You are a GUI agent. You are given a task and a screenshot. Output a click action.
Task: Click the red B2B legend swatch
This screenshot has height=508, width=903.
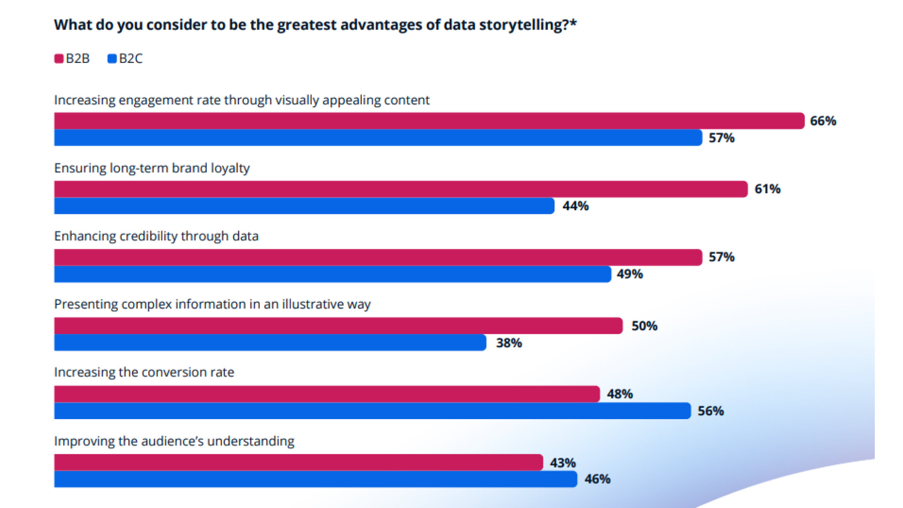59,59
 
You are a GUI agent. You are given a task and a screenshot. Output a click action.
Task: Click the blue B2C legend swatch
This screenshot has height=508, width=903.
112,59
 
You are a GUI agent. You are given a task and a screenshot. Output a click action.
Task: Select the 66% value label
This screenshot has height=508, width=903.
823,121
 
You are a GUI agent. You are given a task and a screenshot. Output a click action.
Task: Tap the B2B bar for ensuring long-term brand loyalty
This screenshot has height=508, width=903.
400,189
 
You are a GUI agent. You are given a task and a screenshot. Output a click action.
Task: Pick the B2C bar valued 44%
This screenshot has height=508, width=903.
304,206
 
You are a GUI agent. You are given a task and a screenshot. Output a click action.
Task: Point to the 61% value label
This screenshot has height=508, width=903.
767,189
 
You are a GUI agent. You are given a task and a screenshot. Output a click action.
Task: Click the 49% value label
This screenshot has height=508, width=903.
629,274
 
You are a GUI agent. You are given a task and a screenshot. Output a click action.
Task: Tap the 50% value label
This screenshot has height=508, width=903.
644,326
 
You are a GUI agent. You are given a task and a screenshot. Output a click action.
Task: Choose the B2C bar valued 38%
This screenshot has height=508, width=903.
270,342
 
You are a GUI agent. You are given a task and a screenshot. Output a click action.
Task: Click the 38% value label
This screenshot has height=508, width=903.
509,343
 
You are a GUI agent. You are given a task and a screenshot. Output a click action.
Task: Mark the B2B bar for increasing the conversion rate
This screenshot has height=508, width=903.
327,394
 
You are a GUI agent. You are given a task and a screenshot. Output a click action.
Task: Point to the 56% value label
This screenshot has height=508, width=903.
710,411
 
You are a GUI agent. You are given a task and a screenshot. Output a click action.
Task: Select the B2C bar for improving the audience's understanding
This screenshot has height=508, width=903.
315,479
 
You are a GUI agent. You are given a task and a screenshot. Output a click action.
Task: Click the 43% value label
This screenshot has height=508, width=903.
562,463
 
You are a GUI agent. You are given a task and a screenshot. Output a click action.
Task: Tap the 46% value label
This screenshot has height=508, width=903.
597,479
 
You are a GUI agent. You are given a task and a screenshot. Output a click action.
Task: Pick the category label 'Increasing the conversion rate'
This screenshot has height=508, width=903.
144,373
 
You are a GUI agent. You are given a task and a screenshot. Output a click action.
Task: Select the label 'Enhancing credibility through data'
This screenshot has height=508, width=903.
156,236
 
